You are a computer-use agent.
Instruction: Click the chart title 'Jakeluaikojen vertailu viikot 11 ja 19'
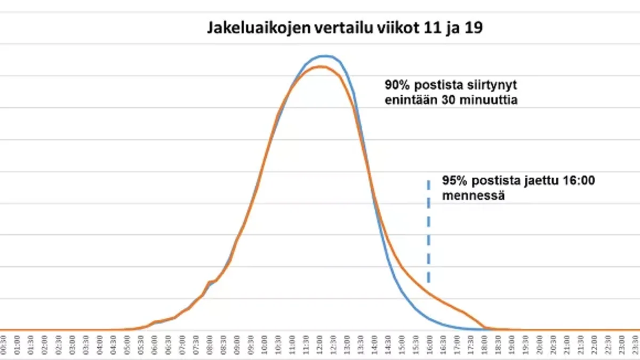point(345,28)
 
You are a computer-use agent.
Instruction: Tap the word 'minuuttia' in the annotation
point(491,100)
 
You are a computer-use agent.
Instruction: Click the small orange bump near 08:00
point(211,281)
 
